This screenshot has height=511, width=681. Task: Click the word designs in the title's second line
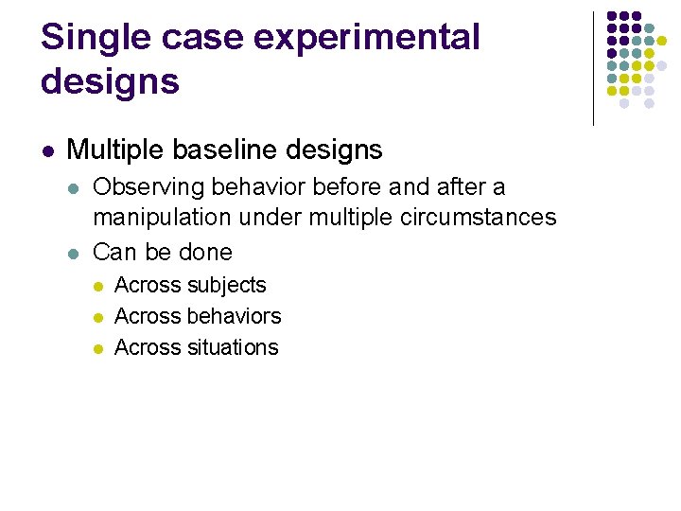pos(110,81)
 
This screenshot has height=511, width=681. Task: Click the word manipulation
pos(162,218)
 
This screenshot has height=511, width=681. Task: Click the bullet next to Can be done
pos(75,253)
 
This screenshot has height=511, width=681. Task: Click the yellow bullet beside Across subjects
pos(96,286)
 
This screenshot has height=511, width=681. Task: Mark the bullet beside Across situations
pos(96,348)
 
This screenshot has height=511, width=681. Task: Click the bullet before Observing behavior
pos(75,188)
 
